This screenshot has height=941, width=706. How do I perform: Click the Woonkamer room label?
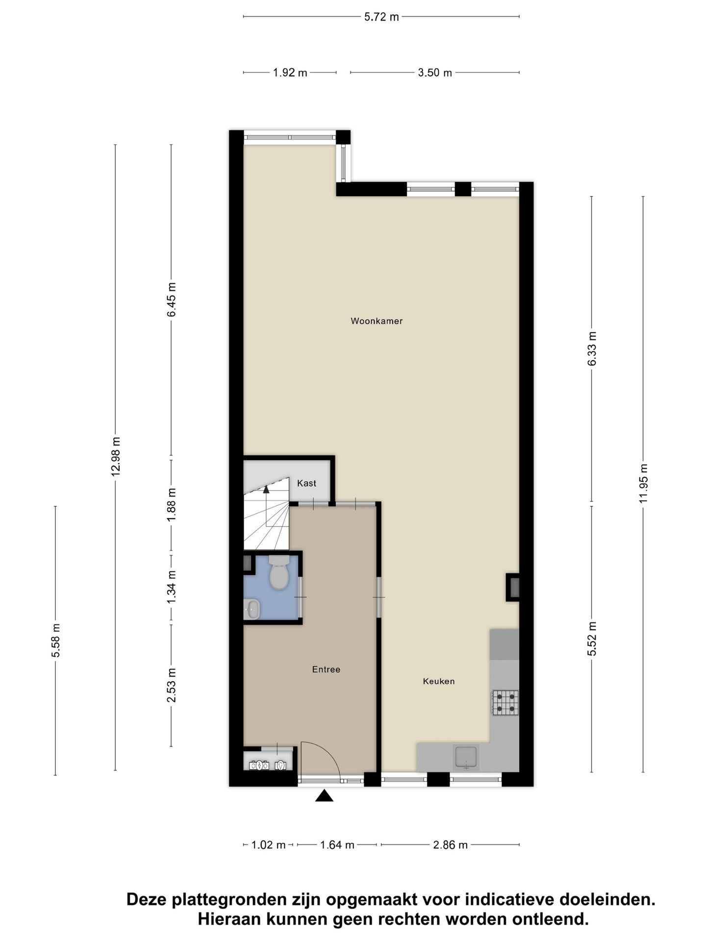[377, 321]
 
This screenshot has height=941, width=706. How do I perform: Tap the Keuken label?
[439, 681]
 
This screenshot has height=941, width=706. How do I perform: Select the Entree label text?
[326, 669]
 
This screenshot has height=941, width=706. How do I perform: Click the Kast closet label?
[307, 483]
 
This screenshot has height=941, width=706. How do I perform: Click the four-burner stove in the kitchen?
[505, 702]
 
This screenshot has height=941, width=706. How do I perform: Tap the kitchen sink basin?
[466, 757]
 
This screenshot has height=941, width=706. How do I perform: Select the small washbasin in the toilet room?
[252, 609]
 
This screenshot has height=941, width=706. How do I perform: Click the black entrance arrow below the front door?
[324, 796]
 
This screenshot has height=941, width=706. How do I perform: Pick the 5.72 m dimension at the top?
[381, 17]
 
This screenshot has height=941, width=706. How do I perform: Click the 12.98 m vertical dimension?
[116, 456]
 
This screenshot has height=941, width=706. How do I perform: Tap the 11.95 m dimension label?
[644, 483]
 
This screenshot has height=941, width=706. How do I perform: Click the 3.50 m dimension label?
[434, 73]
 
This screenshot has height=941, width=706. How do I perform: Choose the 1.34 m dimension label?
[171, 587]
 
